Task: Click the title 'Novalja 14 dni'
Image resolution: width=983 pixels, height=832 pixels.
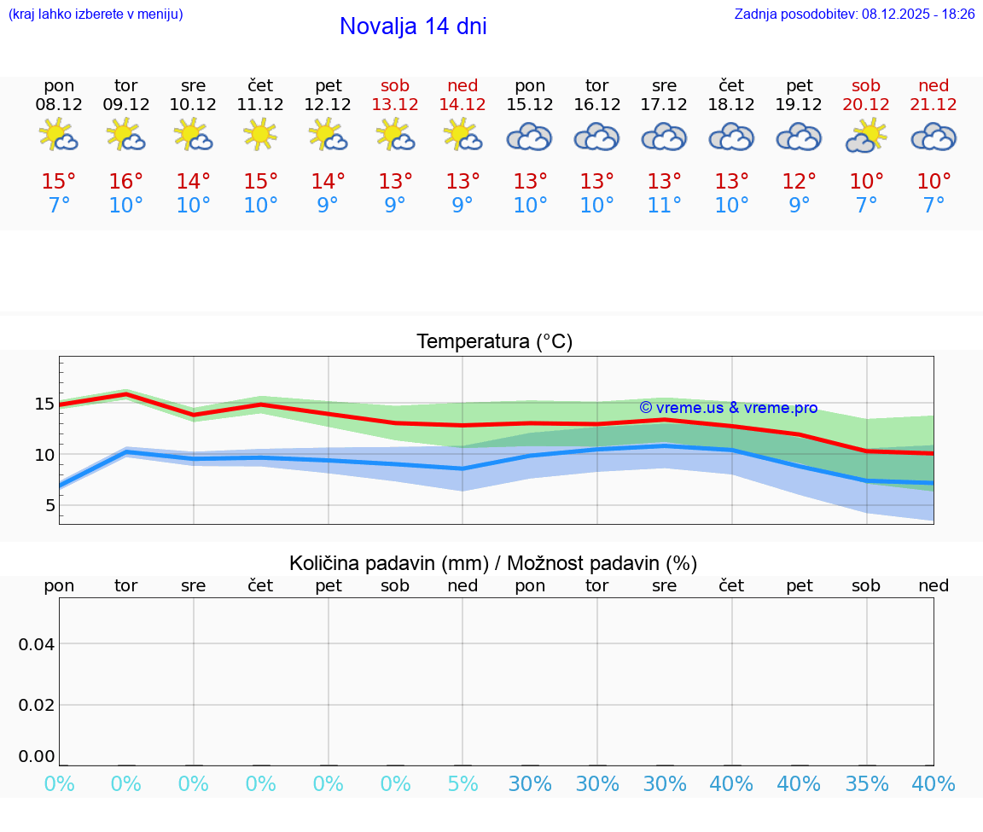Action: (413, 26)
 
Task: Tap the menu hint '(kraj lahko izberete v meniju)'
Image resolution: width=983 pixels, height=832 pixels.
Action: (96, 14)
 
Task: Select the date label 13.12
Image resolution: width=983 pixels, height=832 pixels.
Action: (395, 105)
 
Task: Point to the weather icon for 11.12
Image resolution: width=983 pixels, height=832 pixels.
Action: (260, 136)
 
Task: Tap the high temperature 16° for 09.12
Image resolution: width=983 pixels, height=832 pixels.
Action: (126, 182)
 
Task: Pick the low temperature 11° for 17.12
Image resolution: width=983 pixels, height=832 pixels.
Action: (665, 206)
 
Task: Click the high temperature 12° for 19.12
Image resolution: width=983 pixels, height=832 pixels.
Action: (800, 182)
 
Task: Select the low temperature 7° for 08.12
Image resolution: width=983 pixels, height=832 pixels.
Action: (59, 206)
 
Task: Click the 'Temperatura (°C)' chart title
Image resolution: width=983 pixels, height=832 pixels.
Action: (494, 342)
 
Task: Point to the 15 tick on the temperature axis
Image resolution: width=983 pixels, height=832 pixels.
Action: (44, 404)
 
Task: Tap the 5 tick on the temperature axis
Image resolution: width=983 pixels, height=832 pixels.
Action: (49, 506)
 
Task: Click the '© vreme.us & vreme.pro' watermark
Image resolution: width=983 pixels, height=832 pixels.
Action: (729, 408)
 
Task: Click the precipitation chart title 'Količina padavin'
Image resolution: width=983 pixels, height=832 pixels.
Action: (493, 563)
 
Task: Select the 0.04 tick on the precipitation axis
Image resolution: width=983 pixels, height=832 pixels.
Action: (37, 644)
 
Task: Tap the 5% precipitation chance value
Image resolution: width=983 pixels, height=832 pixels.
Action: (462, 783)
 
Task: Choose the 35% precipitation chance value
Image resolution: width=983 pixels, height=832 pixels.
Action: (866, 783)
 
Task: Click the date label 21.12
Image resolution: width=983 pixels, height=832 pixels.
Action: (934, 105)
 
